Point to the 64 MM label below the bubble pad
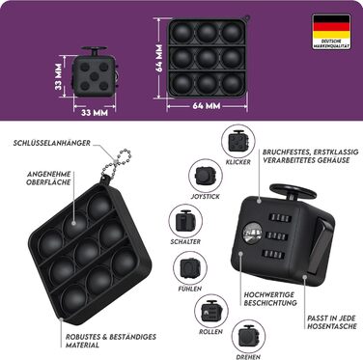pyautogui.click(x=205, y=103)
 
